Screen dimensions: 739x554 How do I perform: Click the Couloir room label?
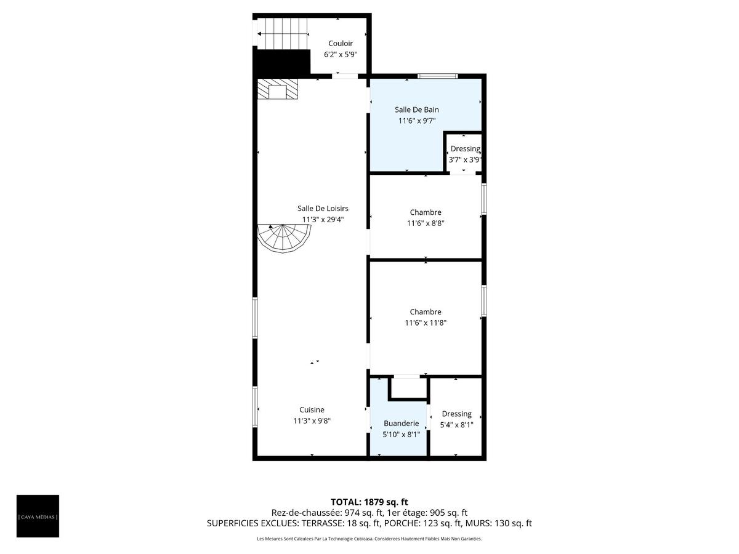tap(341, 43)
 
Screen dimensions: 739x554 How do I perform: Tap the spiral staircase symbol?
tap(284, 238)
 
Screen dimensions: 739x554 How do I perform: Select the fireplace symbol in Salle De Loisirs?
tap(278, 89)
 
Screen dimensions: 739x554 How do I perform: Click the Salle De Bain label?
tap(417, 110)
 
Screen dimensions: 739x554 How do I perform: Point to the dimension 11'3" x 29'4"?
tap(323, 220)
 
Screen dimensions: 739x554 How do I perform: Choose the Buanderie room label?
tap(401, 424)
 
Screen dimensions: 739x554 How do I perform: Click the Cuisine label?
tap(312, 410)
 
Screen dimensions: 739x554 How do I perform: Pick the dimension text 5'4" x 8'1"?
tap(456, 425)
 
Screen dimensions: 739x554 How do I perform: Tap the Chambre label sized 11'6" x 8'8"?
tap(426, 212)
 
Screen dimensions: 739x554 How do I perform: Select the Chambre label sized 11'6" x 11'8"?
tap(426, 312)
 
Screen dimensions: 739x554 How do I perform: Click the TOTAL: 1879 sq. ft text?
tap(369, 502)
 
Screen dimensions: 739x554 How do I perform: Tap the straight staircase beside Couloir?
tap(283, 34)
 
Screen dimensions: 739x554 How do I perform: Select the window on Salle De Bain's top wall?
tap(438, 76)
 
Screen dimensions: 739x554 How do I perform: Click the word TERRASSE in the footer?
tap(320, 523)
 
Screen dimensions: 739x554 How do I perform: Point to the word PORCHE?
tap(402, 523)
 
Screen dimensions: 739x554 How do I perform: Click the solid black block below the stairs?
tap(281, 62)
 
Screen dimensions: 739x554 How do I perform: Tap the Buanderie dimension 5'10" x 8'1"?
tap(401, 435)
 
